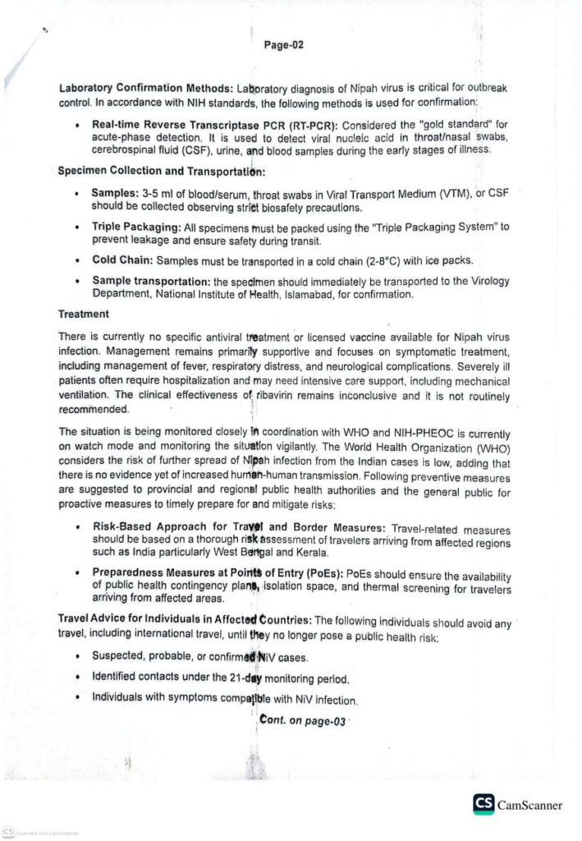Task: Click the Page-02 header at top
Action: click(284, 45)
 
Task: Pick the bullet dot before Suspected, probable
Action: click(76, 656)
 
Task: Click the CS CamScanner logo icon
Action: click(483, 805)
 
